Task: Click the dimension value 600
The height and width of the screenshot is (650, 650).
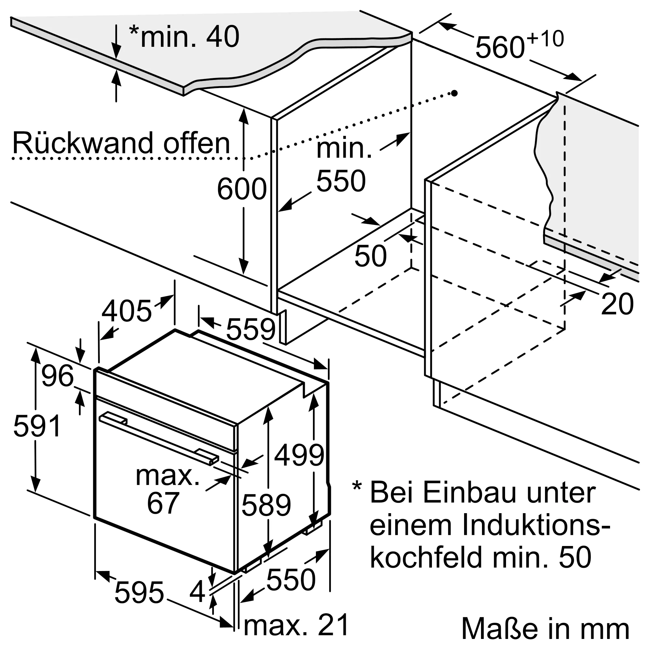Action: (241, 189)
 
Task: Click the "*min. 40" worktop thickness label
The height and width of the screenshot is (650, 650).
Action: (184, 37)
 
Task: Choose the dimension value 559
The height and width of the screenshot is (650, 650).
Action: (251, 329)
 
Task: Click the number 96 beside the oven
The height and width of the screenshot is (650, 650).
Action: (57, 375)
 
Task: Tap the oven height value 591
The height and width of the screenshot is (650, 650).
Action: (37, 426)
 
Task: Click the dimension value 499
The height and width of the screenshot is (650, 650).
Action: (299, 455)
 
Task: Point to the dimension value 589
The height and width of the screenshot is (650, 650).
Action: (266, 505)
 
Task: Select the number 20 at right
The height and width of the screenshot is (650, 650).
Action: (617, 304)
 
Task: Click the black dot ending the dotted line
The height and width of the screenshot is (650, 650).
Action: (454, 93)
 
